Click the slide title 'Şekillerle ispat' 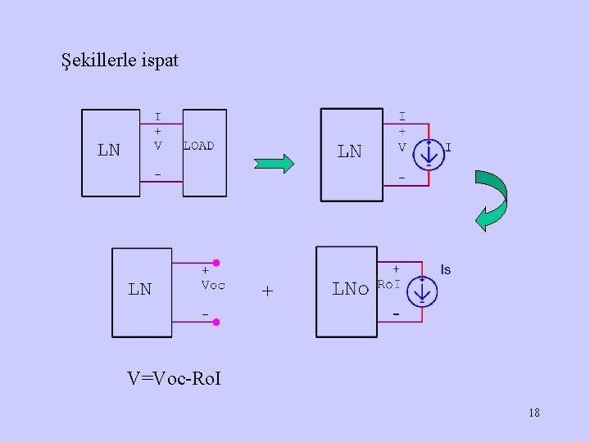tap(120, 60)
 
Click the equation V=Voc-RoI tap(175, 378)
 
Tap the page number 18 tap(534, 413)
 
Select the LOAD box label tap(198, 146)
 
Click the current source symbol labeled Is tap(424, 292)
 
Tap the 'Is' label tap(446, 269)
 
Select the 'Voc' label tap(213, 286)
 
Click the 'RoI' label tap(388, 285)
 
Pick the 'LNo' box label tap(350, 288)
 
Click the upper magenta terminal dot tap(216, 263)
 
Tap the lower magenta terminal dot tap(216, 322)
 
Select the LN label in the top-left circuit tap(109, 150)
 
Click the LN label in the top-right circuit tap(349, 151)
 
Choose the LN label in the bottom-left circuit tap(140, 289)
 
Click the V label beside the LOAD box tap(158, 146)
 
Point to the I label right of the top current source tap(448, 148)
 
